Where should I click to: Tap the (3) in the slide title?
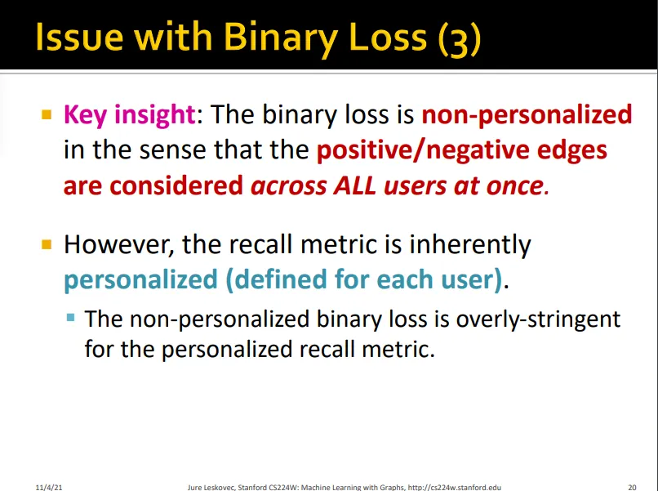tap(459, 38)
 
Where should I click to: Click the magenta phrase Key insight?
tap(130, 114)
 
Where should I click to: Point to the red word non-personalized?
tap(527, 114)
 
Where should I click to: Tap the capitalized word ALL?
tap(354, 185)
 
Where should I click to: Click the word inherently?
tap(470, 245)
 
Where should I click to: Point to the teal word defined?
tap(277, 279)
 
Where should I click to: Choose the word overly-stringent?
tap(538, 319)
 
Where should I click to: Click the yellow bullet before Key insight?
tap(47, 114)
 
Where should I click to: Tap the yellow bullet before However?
tap(47, 244)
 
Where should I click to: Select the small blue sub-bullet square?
tap(70, 317)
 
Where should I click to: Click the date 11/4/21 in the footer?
tap(49, 487)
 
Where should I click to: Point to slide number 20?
tap(632, 487)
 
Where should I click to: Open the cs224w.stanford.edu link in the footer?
tap(455, 487)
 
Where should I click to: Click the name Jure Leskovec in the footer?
tap(211, 487)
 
